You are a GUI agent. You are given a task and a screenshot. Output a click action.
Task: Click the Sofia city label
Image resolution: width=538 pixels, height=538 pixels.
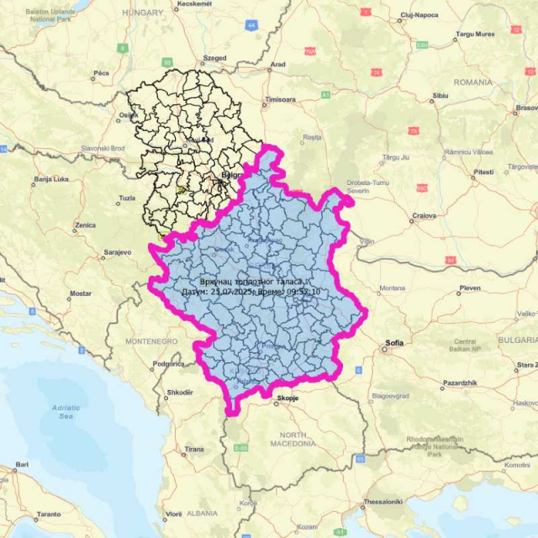point(394,343)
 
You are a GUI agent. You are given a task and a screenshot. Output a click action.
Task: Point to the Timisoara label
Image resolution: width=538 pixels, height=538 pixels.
point(281,99)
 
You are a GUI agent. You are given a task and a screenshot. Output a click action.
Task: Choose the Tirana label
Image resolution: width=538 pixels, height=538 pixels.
point(194,450)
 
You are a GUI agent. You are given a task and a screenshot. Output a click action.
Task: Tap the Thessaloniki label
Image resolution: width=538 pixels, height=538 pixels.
point(382,502)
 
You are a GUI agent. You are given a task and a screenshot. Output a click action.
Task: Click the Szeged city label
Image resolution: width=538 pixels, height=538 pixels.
point(214,58)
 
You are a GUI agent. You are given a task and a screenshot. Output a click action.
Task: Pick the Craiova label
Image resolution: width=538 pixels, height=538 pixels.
point(424,215)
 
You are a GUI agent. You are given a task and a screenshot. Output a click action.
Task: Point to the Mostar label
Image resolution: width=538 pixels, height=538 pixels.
point(81,293)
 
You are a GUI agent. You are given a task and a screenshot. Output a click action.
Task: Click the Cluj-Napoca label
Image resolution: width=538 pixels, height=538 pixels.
point(419,15)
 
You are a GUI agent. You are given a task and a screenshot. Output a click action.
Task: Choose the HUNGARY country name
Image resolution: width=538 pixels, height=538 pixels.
point(143,13)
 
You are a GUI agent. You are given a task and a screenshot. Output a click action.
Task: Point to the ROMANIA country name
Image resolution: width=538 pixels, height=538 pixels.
point(472,82)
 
